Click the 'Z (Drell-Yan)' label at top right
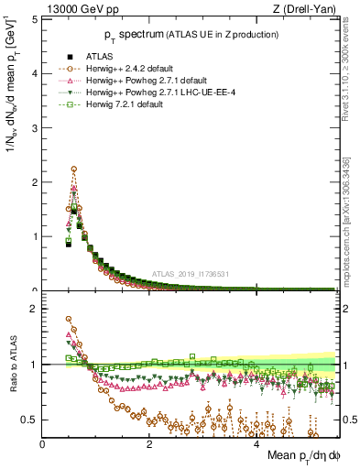click(x=305, y=10)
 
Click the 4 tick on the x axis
click(x=256, y=444)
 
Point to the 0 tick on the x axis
click(x=43, y=444)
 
